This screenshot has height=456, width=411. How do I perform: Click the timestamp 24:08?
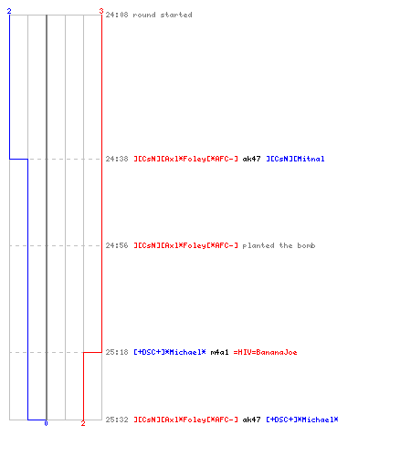point(117,15)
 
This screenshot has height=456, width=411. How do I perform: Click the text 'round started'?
point(163,15)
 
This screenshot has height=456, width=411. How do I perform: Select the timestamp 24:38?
point(117,159)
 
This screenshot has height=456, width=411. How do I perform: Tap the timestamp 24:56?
point(117,245)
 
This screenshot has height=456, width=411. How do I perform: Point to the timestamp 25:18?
point(117,352)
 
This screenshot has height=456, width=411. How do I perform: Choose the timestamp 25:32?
point(117,420)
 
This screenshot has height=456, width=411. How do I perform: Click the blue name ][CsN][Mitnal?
point(295,159)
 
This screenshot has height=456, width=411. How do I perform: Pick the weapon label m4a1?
point(219,352)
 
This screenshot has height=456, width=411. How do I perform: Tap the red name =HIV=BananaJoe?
point(265,352)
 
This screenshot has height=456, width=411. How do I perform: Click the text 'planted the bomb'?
point(279,245)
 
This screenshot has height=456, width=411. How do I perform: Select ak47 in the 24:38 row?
point(251,159)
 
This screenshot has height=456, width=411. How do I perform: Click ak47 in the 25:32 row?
point(251,420)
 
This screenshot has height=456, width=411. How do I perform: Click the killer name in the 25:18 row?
point(170,352)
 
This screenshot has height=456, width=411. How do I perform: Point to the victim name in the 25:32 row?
point(302,420)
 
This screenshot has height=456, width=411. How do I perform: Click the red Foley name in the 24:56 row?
point(185,245)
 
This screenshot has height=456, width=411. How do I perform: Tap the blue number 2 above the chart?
point(9,11)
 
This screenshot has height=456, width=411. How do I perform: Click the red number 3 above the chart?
point(101,11)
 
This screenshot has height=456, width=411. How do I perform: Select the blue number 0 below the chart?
point(46,423)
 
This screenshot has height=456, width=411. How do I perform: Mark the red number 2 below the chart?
point(83,423)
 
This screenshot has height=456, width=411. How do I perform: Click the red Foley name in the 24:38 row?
point(185,159)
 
